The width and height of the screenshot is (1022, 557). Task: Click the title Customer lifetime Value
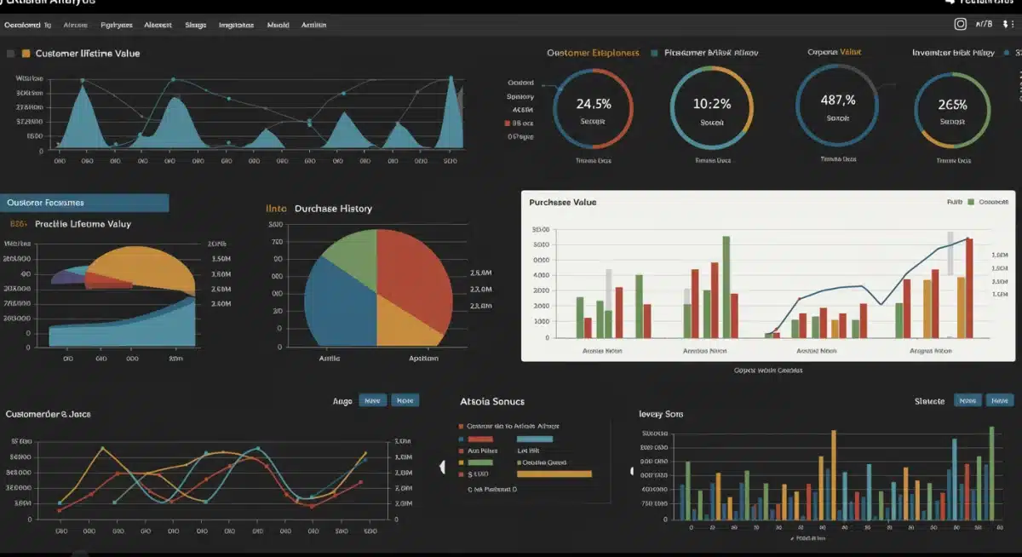[x=88, y=54]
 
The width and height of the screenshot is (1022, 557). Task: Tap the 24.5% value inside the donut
[x=593, y=105]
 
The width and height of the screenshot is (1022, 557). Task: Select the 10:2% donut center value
[x=711, y=105]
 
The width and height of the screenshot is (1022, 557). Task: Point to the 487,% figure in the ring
[x=837, y=100]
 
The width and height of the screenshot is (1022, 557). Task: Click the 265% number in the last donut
[x=952, y=106]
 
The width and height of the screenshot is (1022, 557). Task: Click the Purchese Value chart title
[x=562, y=203]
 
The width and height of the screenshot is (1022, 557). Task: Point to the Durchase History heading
[x=333, y=209]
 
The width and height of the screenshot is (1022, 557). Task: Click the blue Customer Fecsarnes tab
[x=84, y=203]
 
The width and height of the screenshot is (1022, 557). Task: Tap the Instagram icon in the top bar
[x=960, y=25]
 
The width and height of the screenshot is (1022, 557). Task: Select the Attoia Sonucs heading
[x=491, y=401]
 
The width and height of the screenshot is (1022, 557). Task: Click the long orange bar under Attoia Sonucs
[x=554, y=474]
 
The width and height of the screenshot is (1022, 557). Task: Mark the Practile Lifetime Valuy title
[x=83, y=224]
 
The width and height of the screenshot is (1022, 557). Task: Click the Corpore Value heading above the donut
[x=834, y=53]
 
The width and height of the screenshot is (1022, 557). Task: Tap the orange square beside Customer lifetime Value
[x=26, y=54]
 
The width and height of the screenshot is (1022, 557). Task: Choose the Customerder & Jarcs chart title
[x=48, y=414]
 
